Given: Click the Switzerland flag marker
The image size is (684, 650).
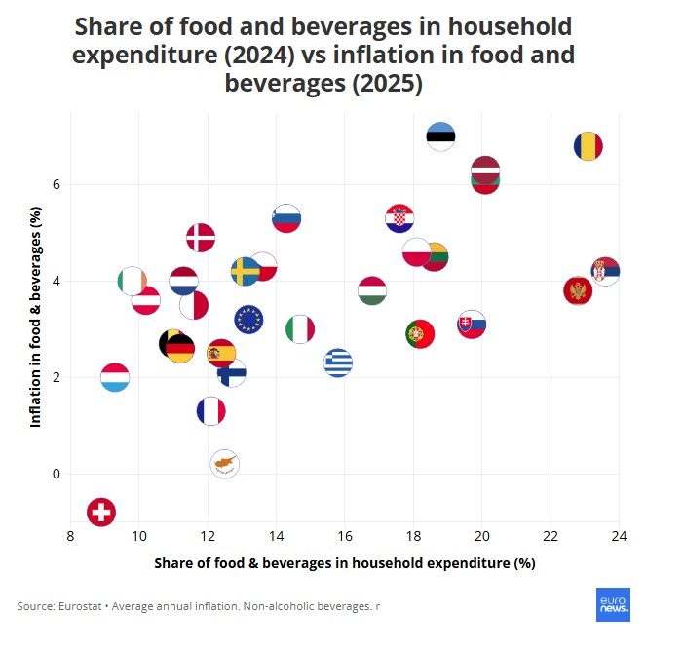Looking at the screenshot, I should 101,512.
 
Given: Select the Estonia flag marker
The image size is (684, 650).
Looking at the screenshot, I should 440,135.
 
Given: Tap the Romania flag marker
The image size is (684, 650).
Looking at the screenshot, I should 588,147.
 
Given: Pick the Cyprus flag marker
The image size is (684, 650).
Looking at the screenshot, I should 224,465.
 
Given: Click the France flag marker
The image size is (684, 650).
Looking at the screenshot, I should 210,411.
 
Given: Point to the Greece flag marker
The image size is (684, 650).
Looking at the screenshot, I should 337,363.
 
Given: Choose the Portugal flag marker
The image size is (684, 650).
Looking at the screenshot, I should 420,334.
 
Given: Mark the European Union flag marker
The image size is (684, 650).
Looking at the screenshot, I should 248,319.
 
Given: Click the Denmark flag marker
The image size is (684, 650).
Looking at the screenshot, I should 201,237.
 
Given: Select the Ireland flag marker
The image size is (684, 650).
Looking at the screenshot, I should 132,282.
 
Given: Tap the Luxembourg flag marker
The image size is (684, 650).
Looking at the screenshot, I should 115,377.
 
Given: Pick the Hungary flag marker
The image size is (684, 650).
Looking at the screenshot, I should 371,290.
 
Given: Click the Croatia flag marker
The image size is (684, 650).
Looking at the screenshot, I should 399,219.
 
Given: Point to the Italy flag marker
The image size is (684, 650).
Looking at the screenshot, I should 300,329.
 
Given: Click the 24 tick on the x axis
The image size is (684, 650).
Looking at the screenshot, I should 619,535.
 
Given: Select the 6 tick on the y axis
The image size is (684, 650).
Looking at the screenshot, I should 57,184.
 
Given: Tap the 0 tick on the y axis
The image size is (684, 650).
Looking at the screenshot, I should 57,475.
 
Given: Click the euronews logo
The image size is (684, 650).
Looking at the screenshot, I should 613,604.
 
